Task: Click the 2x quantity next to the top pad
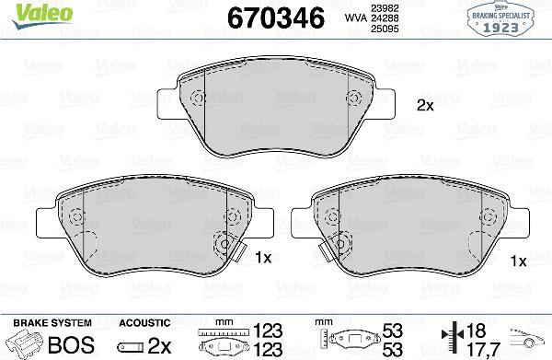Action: click(424, 105)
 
